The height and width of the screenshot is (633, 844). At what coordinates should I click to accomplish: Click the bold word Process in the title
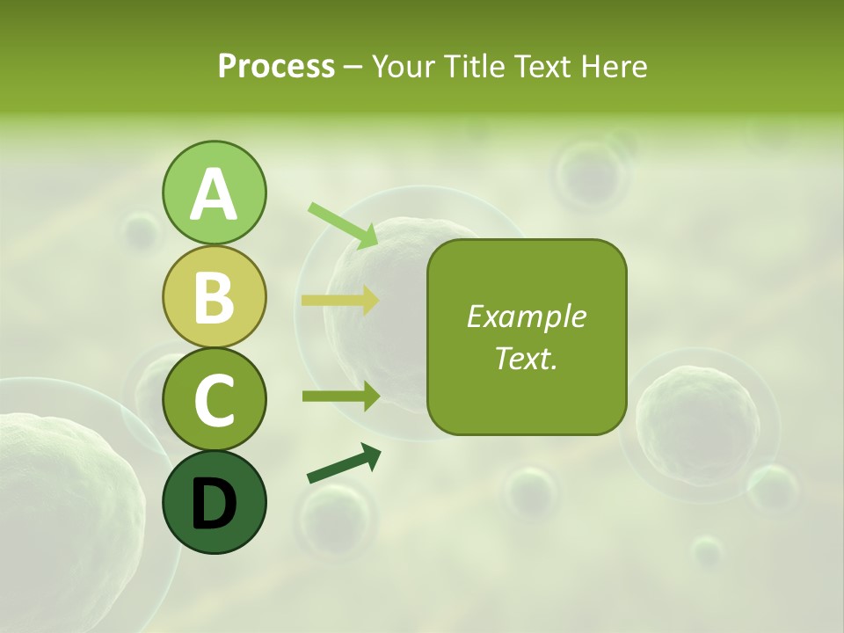[276, 66]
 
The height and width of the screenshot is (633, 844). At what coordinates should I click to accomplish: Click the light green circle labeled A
[214, 193]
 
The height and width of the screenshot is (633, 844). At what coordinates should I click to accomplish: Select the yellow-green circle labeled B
[214, 297]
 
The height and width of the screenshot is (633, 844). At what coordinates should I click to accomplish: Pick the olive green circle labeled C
[214, 400]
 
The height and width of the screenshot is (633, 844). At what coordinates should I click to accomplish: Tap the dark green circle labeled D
[214, 503]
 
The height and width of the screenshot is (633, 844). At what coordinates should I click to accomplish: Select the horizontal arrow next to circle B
[339, 301]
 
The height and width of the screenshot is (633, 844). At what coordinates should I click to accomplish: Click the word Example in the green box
[526, 316]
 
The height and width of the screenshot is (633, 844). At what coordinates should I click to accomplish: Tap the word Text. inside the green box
[526, 358]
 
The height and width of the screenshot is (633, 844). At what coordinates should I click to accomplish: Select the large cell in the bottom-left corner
[62, 510]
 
